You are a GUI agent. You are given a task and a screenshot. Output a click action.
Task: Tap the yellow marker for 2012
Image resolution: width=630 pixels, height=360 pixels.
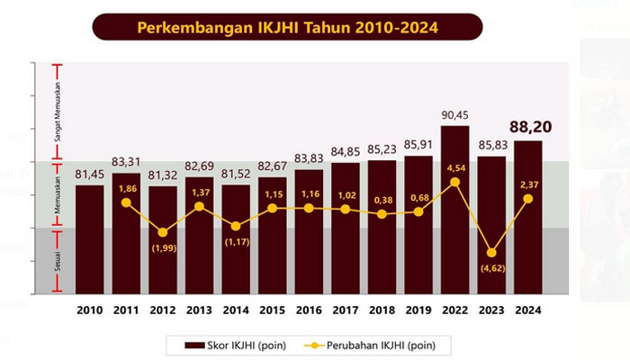tap(163, 232)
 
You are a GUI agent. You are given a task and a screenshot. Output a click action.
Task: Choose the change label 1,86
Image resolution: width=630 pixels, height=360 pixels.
tap(127, 188)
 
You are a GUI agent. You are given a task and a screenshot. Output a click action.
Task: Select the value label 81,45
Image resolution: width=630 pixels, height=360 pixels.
tap(89, 175)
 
